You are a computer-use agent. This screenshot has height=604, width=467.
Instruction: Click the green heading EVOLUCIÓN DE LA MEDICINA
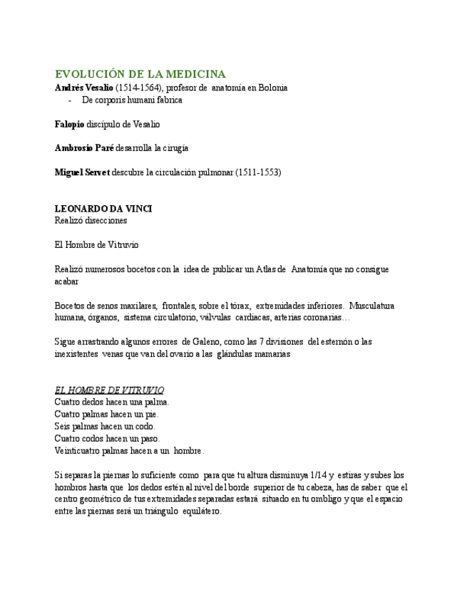click(140, 74)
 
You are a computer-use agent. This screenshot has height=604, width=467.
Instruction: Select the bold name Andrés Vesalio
click(84, 88)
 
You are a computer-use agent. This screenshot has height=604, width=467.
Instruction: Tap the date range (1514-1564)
click(139, 88)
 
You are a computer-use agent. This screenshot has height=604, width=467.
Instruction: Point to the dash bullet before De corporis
click(70, 100)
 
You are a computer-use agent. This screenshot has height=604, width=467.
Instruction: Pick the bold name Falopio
click(69, 124)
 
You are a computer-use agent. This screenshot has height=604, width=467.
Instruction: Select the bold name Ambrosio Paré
click(84, 148)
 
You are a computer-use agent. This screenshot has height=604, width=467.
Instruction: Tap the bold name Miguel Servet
click(82, 172)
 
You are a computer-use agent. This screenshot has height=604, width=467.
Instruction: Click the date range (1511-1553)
click(258, 172)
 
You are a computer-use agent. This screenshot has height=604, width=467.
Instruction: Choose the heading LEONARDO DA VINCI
click(103, 209)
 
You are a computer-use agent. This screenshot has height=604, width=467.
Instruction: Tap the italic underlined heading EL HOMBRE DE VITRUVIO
click(109, 390)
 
